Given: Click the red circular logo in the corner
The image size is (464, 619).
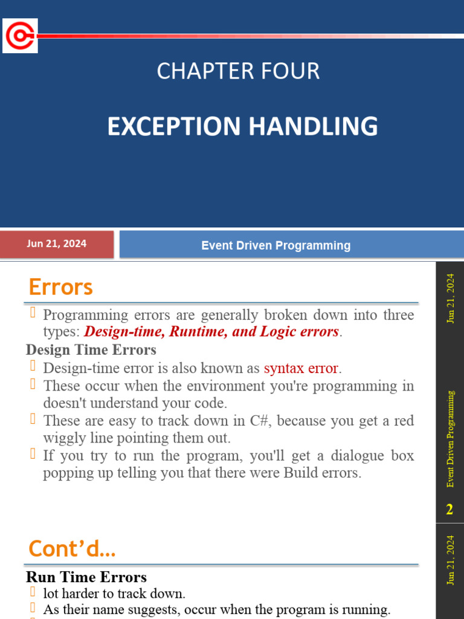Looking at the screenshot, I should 20,36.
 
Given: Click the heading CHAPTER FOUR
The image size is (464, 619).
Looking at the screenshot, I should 238,71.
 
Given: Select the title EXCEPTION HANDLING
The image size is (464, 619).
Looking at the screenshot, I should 242,126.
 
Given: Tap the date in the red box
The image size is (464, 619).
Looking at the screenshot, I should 56,244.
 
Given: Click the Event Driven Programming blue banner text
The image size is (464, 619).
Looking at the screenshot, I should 275,245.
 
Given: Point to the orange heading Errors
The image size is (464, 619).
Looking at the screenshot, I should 60,287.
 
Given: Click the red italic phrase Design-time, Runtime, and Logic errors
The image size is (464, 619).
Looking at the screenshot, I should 211,332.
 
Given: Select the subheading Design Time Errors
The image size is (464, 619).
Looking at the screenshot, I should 91,350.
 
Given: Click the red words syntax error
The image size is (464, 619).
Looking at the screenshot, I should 301,368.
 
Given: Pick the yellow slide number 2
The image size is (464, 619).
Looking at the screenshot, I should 449,510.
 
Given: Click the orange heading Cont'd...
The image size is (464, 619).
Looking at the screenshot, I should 72,549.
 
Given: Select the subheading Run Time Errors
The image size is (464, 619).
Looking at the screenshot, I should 86,577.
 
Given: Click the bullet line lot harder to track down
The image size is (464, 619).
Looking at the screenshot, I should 114,594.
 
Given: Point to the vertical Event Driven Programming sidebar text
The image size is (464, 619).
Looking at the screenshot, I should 450,438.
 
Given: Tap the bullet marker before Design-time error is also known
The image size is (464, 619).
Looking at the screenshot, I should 33,367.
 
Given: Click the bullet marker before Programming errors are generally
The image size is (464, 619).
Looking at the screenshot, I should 33,314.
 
